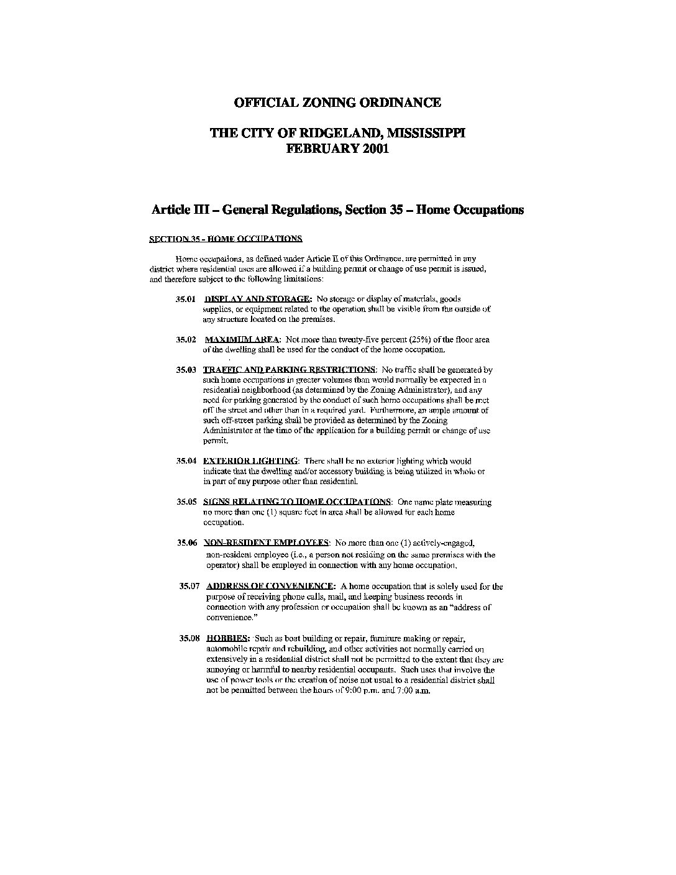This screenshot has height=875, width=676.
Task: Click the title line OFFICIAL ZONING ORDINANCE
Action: click(337, 103)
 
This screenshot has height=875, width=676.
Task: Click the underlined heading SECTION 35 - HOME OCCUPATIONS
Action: click(226, 239)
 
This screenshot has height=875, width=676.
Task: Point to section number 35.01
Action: click(186, 299)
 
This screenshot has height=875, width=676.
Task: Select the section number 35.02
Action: click(186, 339)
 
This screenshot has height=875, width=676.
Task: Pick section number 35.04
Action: click(186, 461)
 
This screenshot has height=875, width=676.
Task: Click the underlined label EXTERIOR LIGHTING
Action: click(251, 461)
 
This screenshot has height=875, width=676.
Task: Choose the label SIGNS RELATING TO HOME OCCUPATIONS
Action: click(297, 502)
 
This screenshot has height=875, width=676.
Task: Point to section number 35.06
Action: click(187, 543)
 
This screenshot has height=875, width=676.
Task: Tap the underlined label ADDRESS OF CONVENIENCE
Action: click(270, 586)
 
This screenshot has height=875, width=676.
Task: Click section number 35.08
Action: click(190, 638)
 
